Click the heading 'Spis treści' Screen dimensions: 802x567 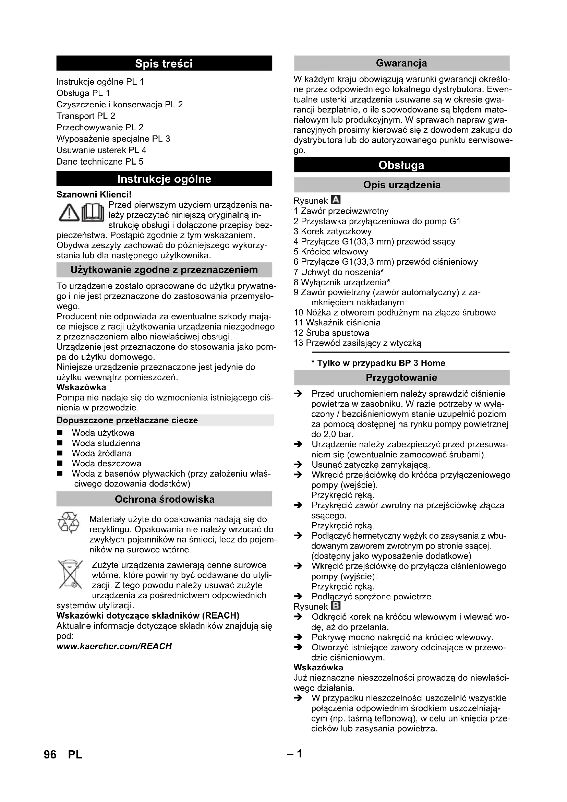pyautogui.click(x=164, y=63)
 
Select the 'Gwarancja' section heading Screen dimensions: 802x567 pyautogui.click(x=401, y=63)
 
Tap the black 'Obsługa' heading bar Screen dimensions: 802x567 pyautogui.click(x=401, y=165)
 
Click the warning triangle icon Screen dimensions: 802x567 pyautogui.click(x=69, y=213)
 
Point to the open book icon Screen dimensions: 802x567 pyautogui.click(x=93, y=213)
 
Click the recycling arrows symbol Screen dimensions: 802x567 pyautogui.click(x=69, y=523)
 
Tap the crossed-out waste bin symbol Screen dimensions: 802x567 pyautogui.click(x=70, y=574)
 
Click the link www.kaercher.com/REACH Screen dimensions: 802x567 pyautogui.click(x=114, y=646)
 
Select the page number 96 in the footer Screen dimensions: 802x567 pyautogui.click(x=50, y=755)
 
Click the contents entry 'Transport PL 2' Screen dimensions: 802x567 pyautogui.click(x=86, y=116)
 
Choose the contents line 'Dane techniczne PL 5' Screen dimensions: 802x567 pyautogui.click(x=100, y=161)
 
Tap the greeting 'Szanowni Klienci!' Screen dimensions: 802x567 pyautogui.click(x=94, y=194)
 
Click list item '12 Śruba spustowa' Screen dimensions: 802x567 pyautogui.click(x=331, y=333)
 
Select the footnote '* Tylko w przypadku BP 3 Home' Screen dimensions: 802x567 pyautogui.click(x=378, y=363)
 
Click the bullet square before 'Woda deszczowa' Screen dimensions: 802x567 pyautogui.click(x=60, y=464)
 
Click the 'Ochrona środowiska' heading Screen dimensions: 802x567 pyautogui.click(x=165, y=499)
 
